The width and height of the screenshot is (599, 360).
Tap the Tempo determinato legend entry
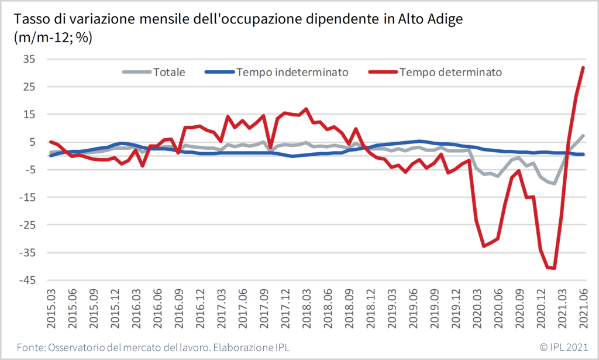click(x=450, y=73)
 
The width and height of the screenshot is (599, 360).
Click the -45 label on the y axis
click(x=27, y=280)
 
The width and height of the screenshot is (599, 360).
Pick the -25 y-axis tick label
click(x=27, y=225)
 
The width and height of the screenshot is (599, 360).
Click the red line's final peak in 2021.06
click(x=583, y=67)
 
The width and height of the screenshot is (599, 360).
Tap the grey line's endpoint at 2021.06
click(x=583, y=136)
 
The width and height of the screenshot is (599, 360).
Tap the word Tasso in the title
click(x=32, y=20)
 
